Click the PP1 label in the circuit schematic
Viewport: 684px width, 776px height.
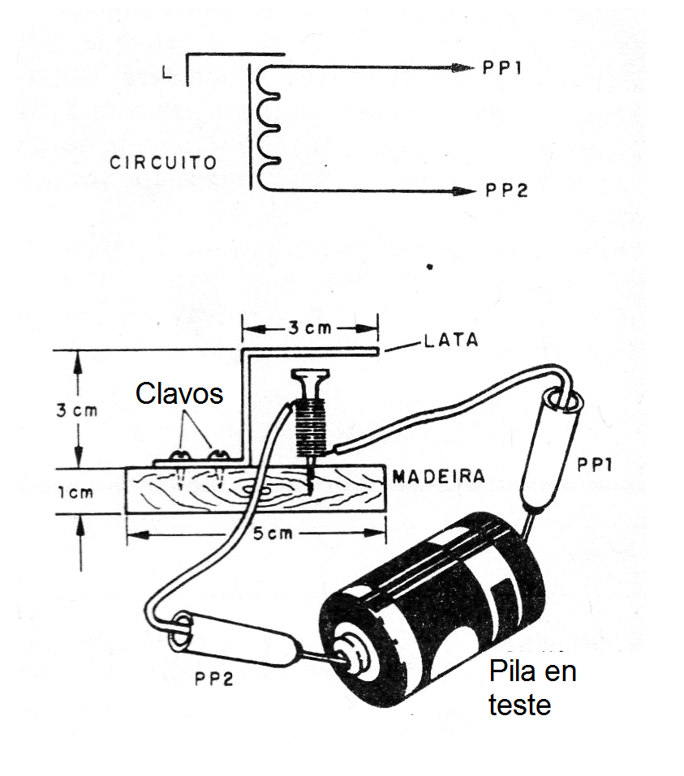pyautogui.click(x=501, y=69)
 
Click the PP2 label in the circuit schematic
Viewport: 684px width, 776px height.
pyautogui.click(x=506, y=191)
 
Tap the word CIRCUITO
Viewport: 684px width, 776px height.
pyautogui.click(x=163, y=162)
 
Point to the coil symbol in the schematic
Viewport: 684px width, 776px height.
pyautogui.click(x=267, y=126)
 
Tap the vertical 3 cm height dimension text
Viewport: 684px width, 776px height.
pyautogui.click(x=77, y=409)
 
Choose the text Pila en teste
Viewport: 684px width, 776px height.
pyautogui.click(x=531, y=688)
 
